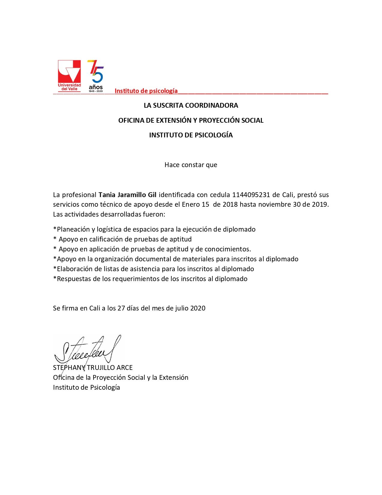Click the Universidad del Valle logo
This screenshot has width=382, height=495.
point(69,75)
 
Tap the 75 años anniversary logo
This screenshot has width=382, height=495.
point(96,76)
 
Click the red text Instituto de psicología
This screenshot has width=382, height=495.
point(146,91)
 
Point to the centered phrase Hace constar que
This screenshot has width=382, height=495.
point(191,165)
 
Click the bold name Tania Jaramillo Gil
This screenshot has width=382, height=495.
point(128,195)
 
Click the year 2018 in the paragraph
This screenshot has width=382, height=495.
point(230,205)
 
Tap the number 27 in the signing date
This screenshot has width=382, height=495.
point(121,308)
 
